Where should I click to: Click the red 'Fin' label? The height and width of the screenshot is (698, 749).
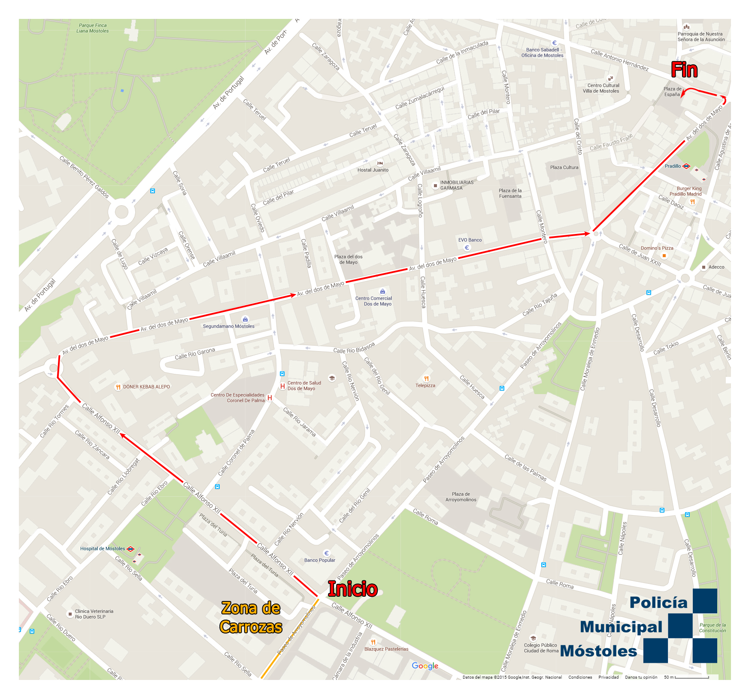coord(684,70)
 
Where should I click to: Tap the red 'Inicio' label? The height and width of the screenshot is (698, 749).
coord(352,589)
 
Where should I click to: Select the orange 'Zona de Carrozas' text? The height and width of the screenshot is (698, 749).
coord(251,617)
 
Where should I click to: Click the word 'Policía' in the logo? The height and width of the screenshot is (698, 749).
coord(658,602)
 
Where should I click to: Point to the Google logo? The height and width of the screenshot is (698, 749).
coord(425,666)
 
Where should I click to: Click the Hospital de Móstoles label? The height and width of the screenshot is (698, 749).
coord(103,549)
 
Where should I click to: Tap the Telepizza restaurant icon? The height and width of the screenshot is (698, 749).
coord(426,378)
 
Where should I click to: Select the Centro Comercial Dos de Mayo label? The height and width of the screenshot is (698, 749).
coord(373,301)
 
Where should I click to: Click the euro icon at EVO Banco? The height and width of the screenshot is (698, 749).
coord(467,248)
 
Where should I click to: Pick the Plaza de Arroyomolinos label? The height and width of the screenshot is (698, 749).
coord(461,497)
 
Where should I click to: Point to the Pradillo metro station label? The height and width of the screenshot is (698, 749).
coord(673,166)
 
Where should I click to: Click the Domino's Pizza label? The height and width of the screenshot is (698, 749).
coord(657,248)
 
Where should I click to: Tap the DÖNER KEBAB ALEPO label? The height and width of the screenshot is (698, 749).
coord(146,387)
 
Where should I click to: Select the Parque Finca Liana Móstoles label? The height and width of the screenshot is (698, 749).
coord(93,28)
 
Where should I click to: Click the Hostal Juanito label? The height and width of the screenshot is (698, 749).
coord(373,170)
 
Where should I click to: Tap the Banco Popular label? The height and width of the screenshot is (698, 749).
coord(319,560)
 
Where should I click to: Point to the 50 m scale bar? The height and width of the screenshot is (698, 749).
coord(691,677)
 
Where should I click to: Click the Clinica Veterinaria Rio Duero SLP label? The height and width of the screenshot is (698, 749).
coord(94,614)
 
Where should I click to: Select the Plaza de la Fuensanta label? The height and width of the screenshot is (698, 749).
coord(510,193)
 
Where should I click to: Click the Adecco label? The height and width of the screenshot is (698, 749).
coord(716,267)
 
